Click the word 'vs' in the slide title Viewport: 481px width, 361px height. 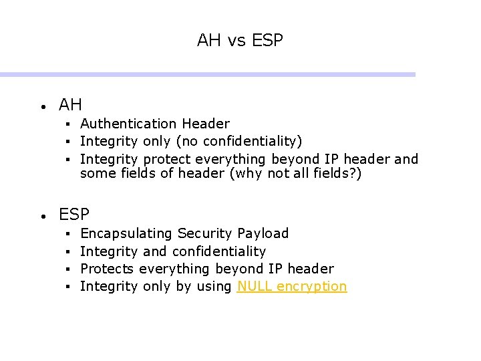tap(237, 41)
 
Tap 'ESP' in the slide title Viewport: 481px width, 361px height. tap(267, 41)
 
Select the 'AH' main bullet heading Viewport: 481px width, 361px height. tap(70, 105)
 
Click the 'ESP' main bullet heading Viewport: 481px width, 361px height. tap(74, 215)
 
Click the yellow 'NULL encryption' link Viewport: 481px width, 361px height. tap(292, 287)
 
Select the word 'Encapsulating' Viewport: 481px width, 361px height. tap(126, 233)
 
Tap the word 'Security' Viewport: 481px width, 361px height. tap(205, 233)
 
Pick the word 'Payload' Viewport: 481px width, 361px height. tap(263, 233)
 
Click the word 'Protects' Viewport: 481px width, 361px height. tap(107, 269)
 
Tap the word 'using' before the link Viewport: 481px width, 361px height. tap(215, 287)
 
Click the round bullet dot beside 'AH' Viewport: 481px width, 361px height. tap(42, 106)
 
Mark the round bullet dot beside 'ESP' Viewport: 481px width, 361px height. tap(42, 216)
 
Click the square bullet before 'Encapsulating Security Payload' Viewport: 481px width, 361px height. tap(68, 234)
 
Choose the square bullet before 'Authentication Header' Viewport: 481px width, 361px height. tap(68, 124)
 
